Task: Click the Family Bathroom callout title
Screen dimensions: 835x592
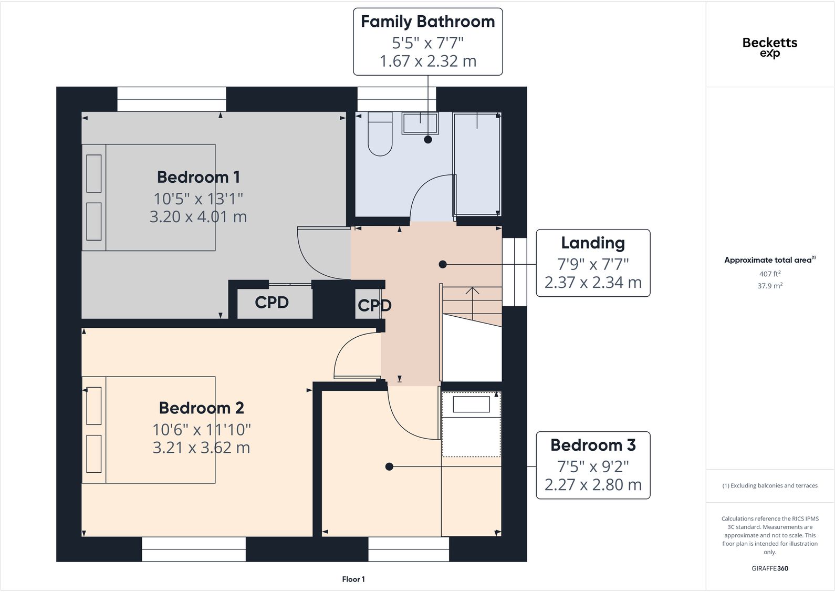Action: click(x=427, y=22)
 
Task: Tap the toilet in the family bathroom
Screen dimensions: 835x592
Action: click(x=380, y=134)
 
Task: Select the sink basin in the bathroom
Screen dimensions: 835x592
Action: click(x=420, y=123)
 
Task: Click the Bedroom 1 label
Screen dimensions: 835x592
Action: click(x=199, y=177)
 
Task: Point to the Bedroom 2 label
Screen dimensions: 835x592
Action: click(x=201, y=408)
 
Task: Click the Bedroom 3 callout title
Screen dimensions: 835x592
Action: click(x=593, y=445)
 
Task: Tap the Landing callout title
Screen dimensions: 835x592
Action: click(x=593, y=243)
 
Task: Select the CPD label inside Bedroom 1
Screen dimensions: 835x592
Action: click(x=272, y=303)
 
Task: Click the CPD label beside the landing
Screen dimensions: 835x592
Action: click(x=374, y=306)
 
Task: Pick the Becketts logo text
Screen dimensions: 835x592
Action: click(x=770, y=43)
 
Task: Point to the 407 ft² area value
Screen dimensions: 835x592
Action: click(x=770, y=274)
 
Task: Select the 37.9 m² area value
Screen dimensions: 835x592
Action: click(x=770, y=286)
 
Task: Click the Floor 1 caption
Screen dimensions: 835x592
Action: click(x=353, y=579)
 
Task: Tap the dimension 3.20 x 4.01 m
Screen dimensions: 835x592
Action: click(x=199, y=217)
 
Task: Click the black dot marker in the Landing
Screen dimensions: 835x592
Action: click(x=443, y=265)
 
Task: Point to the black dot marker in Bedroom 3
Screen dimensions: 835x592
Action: click(x=389, y=467)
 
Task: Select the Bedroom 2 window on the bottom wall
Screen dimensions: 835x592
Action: click(x=194, y=549)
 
